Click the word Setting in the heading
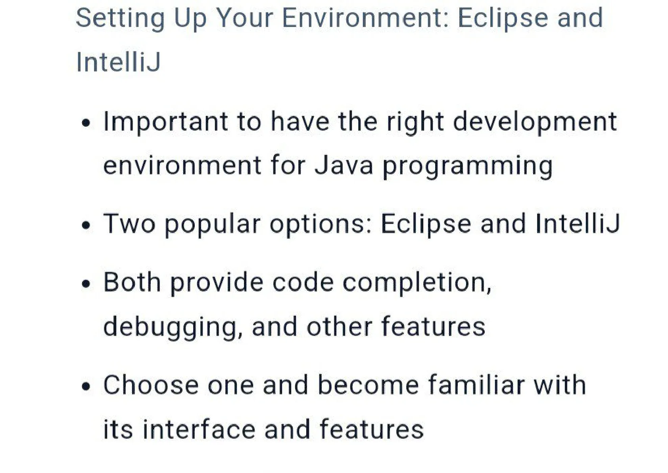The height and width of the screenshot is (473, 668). pos(120,19)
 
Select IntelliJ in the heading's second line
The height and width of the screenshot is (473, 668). pos(118,62)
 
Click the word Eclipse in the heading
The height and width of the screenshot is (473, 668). pos(503,19)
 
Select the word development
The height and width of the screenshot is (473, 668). pos(535,122)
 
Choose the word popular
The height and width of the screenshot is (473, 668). pos(212,225)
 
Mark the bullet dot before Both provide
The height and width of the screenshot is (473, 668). pos(86,284)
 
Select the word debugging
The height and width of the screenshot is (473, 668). pos(173,327)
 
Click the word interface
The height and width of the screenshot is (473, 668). pos(199,429)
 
